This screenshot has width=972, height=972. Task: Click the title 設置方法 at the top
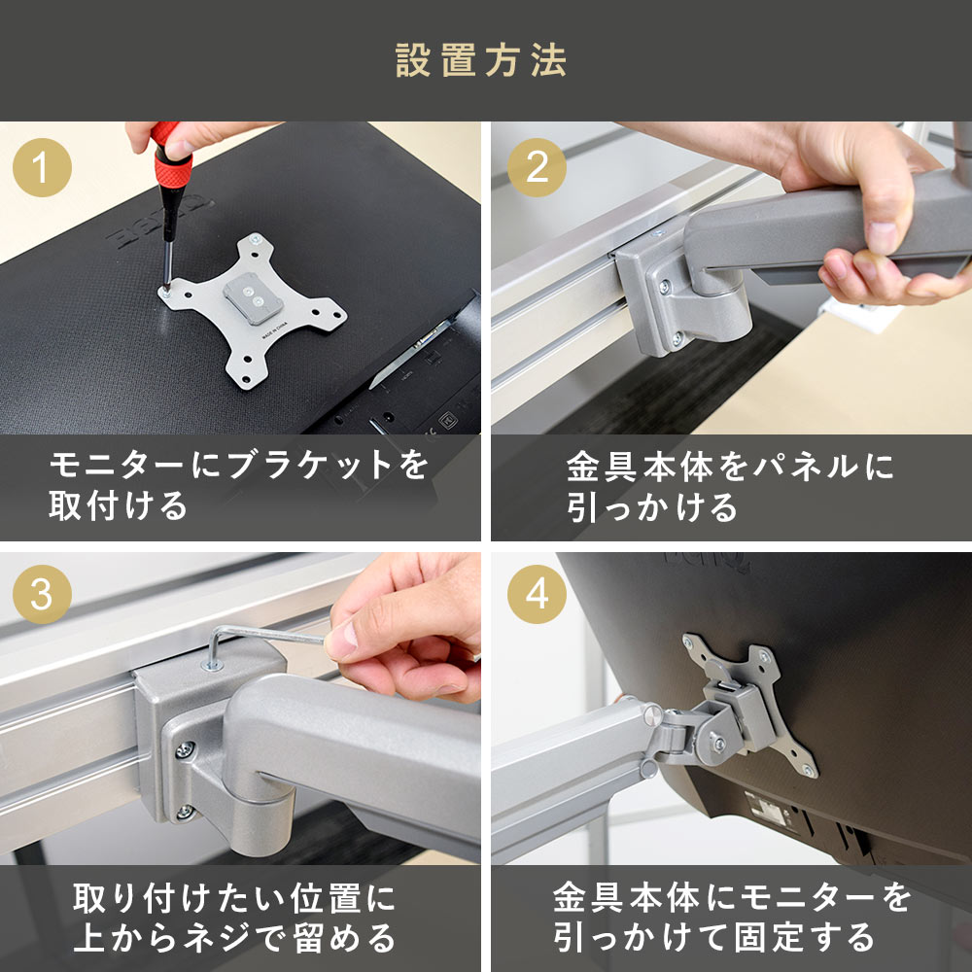tap(481, 60)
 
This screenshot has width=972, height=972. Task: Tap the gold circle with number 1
tap(42, 167)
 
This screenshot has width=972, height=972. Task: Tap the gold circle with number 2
tap(537, 167)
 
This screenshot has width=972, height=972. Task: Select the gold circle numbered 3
tap(42, 594)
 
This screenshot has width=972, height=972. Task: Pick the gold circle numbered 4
tap(537, 594)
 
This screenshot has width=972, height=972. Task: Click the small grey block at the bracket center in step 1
tap(254, 298)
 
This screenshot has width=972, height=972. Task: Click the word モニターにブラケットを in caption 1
tap(239, 465)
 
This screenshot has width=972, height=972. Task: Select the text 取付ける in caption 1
tap(118, 505)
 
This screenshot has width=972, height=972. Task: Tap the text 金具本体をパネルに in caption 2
tap(730, 467)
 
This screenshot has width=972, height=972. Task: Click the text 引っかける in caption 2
tap(652, 507)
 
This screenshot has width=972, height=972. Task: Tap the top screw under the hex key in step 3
tap(212, 666)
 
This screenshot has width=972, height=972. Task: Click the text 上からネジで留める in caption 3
tap(234, 937)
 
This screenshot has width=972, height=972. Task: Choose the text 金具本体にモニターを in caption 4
tap(732, 897)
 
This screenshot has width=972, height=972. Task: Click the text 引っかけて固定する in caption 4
tap(713, 937)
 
